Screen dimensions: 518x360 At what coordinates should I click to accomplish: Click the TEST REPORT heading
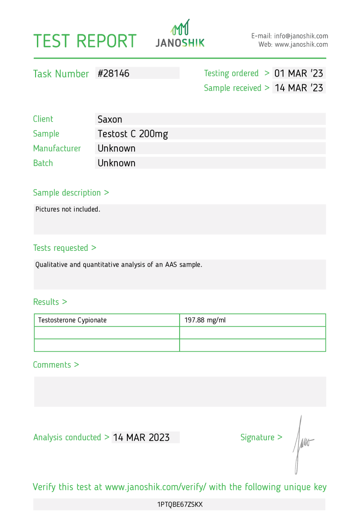click(x=85, y=41)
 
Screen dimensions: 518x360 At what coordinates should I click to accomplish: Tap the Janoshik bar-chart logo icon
click(x=180, y=28)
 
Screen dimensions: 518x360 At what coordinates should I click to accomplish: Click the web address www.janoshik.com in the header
click(x=301, y=45)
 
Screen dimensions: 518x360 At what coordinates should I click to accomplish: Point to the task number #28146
click(x=113, y=73)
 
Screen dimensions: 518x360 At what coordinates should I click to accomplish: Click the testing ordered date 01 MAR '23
click(x=299, y=73)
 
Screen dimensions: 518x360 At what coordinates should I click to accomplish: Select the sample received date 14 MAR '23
click(x=299, y=88)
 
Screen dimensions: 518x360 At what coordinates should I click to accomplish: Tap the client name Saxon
click(x=110, y=119)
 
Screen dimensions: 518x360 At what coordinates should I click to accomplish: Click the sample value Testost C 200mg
click(x=133, y=134)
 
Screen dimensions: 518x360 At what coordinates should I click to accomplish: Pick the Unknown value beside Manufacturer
click(x=117, y=148)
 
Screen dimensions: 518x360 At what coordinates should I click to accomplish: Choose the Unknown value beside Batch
click(x=117, y=163)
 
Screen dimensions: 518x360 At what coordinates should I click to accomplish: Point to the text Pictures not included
click(x=67, y=209)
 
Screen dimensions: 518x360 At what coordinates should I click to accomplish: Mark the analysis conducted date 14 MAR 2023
click(x=141, y=437)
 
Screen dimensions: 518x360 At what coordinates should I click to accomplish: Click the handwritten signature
click(x=301, y=444)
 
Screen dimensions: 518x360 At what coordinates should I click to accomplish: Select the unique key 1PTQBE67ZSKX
click(x=180, y=504)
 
